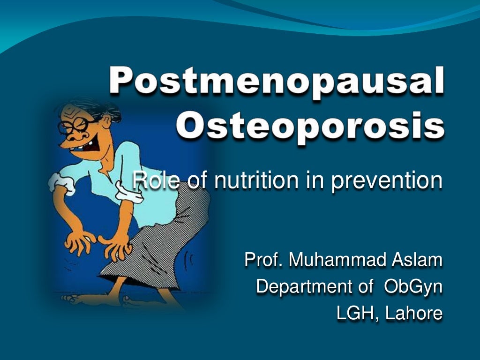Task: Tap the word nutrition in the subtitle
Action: pyautogui.click(x=248, y=181)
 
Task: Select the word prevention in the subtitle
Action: pyautogui.click(x=386, y=181)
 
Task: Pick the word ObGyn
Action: pyautogui.click(x=413, y=286)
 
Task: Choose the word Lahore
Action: pyautogui.click(x=413, y=314)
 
